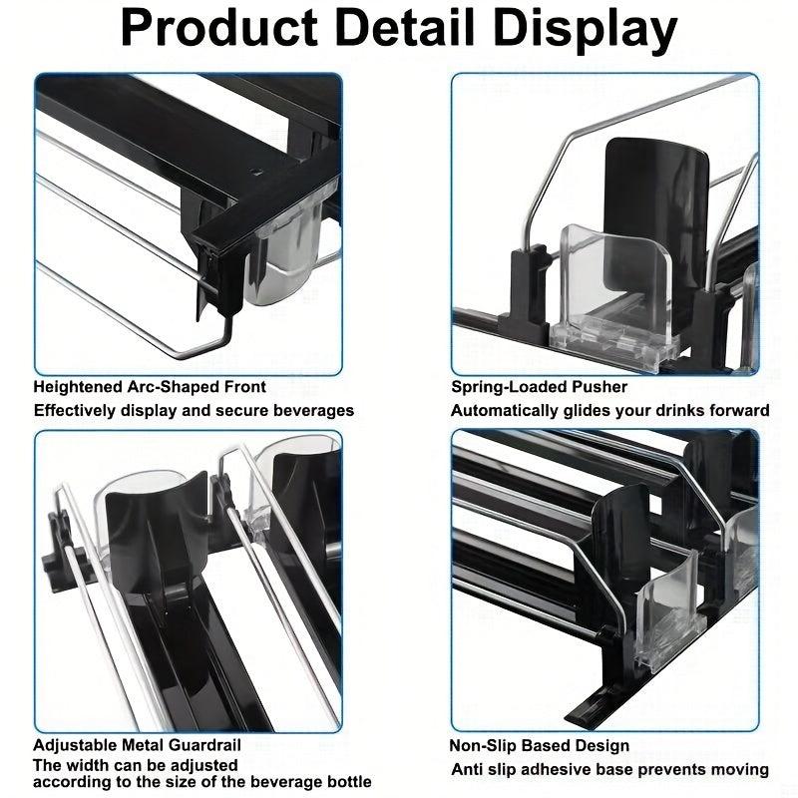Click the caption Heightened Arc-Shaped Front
(x=150, y=387)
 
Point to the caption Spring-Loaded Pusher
(x=539, y=387)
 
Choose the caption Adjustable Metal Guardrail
(x=137, y=745)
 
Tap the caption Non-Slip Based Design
(x=540, y=746)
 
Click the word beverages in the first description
(x=313, y=410)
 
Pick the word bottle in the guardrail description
(x=346, y=781)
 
